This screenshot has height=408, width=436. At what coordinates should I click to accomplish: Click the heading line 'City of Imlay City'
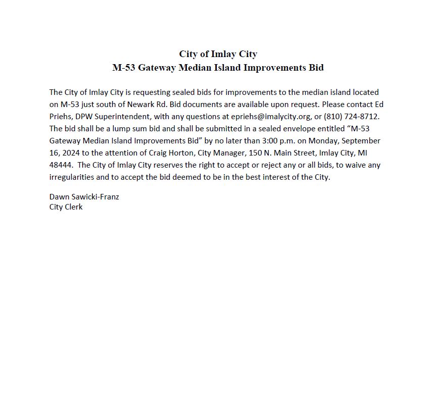(218, 54)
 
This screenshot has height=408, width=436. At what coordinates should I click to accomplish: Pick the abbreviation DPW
(84, 117)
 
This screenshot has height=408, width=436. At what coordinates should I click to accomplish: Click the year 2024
(71, 153)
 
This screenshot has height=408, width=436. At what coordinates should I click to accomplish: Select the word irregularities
(72, 177)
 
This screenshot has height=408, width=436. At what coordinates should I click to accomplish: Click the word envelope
(286, 129)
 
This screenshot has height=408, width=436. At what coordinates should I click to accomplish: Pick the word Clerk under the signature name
(74, 207)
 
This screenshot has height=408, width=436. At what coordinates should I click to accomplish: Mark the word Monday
(323, 141)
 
